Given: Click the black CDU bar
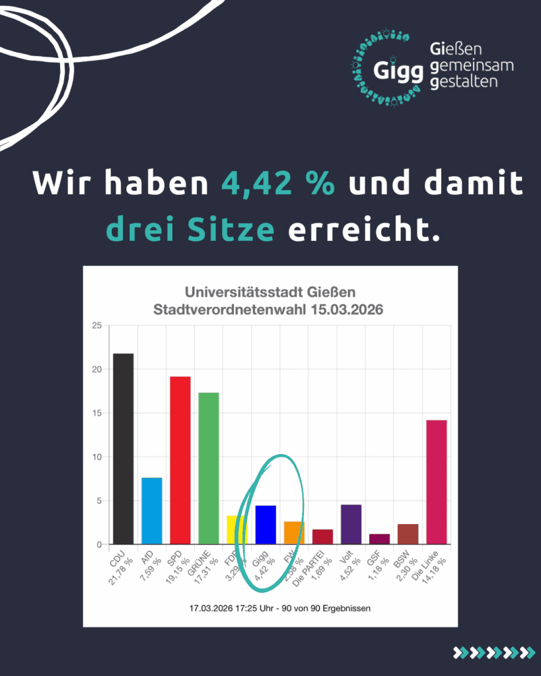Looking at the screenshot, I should (x=123, y=449).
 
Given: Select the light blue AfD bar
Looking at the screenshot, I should (x=152, y=511).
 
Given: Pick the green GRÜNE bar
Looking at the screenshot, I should (x=209, y=468).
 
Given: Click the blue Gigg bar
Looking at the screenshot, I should (x=266, y=525).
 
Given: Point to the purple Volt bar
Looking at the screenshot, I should (x=351, y=524).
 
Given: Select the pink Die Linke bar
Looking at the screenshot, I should (x=437, y=482).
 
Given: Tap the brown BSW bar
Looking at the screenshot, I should (x=408, y=534).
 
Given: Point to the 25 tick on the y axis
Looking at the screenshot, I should (x=96, y=325).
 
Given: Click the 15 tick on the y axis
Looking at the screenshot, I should (x=96, y=413).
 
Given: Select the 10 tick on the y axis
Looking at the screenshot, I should (x=96, y=457).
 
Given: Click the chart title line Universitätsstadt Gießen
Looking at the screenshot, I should (x=270, y=291).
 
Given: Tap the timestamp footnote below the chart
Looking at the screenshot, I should (x=270, y=608).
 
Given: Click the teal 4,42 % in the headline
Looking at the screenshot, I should (x=278, y=183).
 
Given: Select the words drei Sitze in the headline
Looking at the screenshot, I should (x=190, y=230).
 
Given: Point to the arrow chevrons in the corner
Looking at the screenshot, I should (x=493, y=652).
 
